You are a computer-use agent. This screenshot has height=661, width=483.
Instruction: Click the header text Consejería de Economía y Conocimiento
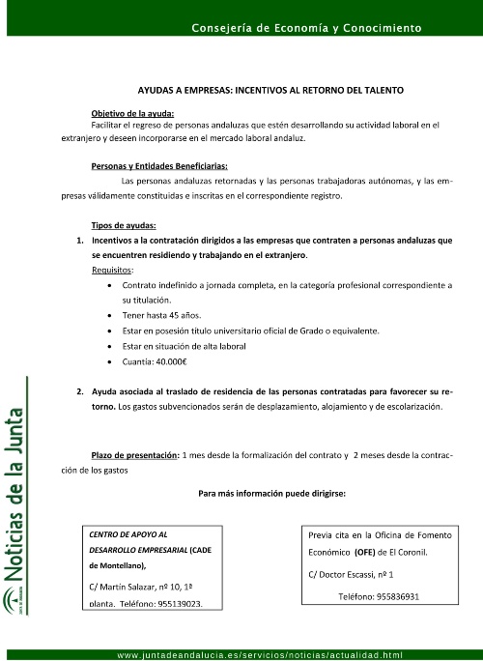tap(306, 29)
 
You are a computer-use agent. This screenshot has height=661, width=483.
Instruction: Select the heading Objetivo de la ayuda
tap(132, 113)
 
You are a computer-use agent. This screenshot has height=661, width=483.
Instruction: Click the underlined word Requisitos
tap(113, 270)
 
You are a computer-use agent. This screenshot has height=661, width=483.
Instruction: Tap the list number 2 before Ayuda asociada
tap(79, 393)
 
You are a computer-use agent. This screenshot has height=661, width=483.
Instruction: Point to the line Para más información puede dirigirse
tap(270, 493)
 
